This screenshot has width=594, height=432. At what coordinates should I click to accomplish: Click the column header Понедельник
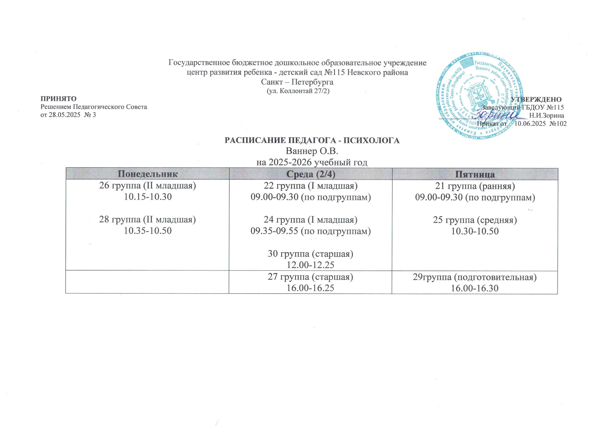(147, 174)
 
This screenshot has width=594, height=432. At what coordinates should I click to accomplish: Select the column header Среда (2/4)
(311, 174)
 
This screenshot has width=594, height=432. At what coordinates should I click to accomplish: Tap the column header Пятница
(475, 174)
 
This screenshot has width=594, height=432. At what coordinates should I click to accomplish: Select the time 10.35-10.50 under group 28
(148, 231)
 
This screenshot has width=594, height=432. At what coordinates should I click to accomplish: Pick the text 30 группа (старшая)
(311, 254)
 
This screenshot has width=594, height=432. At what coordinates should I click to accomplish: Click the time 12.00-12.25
(311, 265)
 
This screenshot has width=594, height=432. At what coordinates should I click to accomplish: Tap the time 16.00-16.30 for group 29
(475, 288)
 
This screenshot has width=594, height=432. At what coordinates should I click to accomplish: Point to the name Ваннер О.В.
(311, 151)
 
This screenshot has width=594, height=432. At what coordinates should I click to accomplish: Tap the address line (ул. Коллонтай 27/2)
(298, 91)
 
